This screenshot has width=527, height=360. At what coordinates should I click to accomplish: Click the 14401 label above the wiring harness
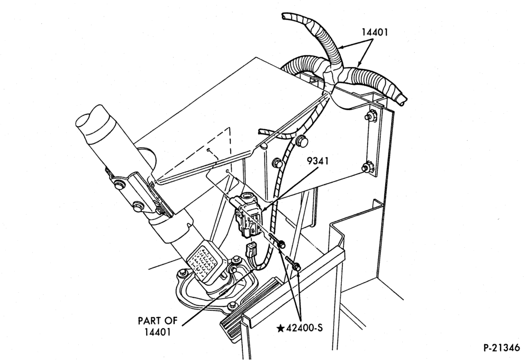click(x=375, y=32)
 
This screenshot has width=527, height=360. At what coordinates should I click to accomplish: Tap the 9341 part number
click(x=317, y=161)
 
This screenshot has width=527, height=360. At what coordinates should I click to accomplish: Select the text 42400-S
click(x=304, y=328)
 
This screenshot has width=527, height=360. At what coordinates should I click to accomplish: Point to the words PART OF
click(x=158, y=321)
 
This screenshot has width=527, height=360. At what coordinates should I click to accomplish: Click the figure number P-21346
click(x=502, y=348)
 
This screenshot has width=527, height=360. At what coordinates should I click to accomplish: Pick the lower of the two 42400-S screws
click(x=294, y=263)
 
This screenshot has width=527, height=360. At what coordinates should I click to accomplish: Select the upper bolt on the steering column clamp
click(x=118, y=185)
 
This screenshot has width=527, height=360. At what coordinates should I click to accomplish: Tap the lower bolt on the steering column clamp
click(x=137, y=206)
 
